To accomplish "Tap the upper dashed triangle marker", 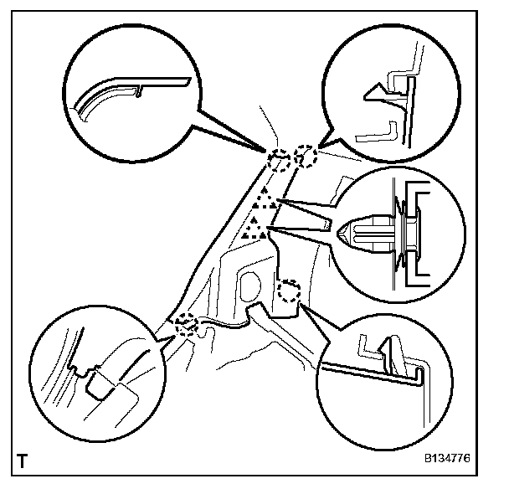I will pos(266,201).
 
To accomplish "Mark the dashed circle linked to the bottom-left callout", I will pos(186,325).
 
